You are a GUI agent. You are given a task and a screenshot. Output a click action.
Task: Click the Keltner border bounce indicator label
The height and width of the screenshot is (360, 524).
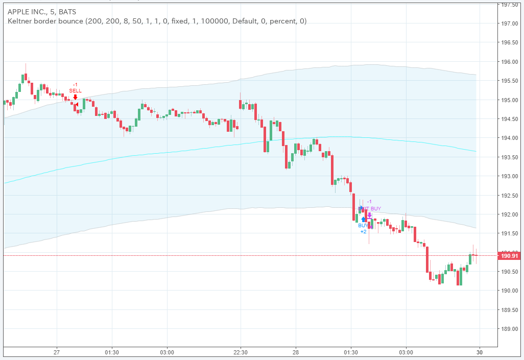pyautogui.click(x=157, y=21)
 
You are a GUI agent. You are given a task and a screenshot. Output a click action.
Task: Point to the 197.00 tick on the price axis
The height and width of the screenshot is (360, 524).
pyautogui.click(x=509, y=23)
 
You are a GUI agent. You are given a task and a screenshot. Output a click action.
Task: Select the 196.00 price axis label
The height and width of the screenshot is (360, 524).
pyautogui.click(x=509, y=62)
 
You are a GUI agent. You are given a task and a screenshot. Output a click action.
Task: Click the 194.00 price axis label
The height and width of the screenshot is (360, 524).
pyautogui.click(x=509, y=138)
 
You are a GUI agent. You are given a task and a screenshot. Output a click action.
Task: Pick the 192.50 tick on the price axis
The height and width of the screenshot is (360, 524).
pyautogui.click(x=509, y=196)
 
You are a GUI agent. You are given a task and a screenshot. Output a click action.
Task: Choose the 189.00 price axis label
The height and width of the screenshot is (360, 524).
pyautogui.click(x=509, y=329)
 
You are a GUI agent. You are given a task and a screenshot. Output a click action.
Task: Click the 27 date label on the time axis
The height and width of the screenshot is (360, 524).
pyautogui.click(x=57, y=352)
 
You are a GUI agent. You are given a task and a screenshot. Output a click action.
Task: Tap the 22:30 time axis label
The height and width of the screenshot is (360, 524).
pyautogui.click(x=241, y=352)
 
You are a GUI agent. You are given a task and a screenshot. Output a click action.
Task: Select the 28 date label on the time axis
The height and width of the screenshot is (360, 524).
pyautogui.click(x=296, y=352)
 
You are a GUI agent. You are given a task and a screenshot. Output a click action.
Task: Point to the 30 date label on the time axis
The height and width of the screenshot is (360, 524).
pyautogui.click(x=479, y=352)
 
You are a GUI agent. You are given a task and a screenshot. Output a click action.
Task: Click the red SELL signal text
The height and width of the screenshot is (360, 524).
pyautogui.click(x=76, y=90)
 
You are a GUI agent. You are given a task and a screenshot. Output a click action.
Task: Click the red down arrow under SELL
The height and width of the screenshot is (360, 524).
pyautogui.click(x=76, y=97)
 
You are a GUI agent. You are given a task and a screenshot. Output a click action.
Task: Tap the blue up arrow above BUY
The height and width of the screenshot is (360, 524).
pyautogui.click(x=364, y=220)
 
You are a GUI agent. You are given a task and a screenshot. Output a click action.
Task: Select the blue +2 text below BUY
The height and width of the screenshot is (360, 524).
pyautogui.click(x=363, y=232)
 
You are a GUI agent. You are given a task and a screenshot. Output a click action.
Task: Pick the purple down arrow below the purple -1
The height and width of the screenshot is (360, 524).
pyautogui.click(x=370, y=215)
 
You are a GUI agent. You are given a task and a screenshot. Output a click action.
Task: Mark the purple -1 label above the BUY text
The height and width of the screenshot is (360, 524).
pyautogui.click(x=369, y=202)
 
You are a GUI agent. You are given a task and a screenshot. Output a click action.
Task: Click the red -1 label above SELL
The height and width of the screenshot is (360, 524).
pyautogui.click(x=75, y=84)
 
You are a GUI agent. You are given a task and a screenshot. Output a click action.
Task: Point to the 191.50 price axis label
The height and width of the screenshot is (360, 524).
pyautogui.click(x=509, y=233)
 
